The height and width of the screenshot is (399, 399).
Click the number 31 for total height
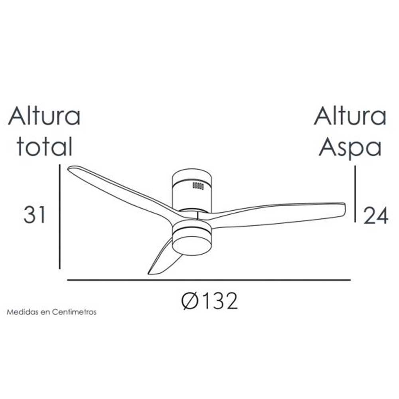point(35,215)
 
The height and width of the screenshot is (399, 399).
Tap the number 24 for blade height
point(375,216)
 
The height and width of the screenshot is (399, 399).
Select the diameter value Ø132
point(209,301)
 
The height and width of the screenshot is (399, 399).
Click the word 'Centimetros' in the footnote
point(74,312)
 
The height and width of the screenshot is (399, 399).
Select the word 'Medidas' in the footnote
point(22,312)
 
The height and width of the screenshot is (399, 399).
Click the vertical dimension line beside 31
point(59,216)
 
